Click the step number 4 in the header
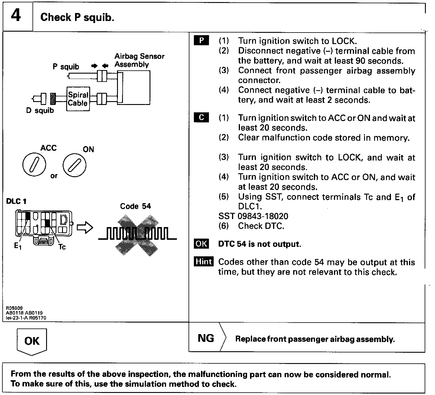tap(16, 16)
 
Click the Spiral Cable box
tap(78, 99)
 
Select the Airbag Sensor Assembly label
tap(139, 60)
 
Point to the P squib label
tap(66, 67)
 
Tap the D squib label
tap(40, 111)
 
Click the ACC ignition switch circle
tap(34, 164)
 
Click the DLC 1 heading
tap(16, 201)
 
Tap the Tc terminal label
tap(62, 247)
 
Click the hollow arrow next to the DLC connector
tap(85, 228)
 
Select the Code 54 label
tap(135, 206)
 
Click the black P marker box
tap(202, 41)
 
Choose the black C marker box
tap(202, 117)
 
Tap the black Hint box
tap(204, 262)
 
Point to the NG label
tap(206, 338)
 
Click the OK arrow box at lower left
tap(32, 341)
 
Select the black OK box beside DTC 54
tap(201, 244)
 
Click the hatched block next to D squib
tap(53, 99)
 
